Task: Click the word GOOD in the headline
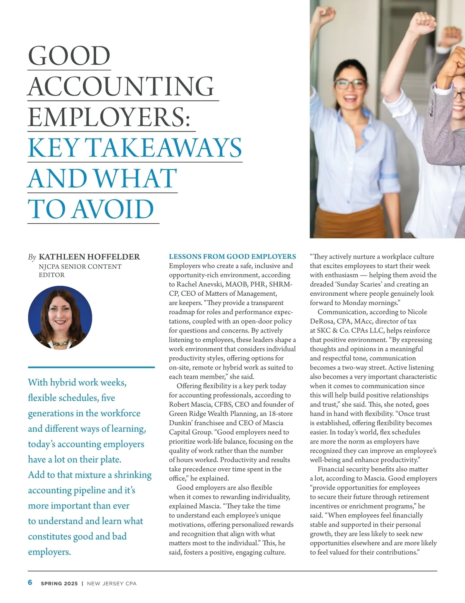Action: [x=69, y=56]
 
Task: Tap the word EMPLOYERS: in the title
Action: [x=109, y=117]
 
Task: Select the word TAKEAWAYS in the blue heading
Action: [x=163, y=148]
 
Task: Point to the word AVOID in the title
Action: [x=113, y=209]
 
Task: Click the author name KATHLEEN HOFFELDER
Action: [x=89, y=257]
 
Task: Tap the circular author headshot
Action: [x=60, y=318]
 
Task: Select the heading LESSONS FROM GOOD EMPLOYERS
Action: [x=232, y=257]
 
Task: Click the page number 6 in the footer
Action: [x=30, y=582]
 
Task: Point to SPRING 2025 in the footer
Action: [x=59, y=583]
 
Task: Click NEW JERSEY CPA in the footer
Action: [x=112, y=583]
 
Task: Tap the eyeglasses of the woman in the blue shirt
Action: [x=350, y=84]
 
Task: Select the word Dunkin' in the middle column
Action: [x=181, y=423]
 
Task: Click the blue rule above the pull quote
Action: [x=91, y=367]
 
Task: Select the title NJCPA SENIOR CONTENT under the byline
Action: [x=80, y=267]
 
